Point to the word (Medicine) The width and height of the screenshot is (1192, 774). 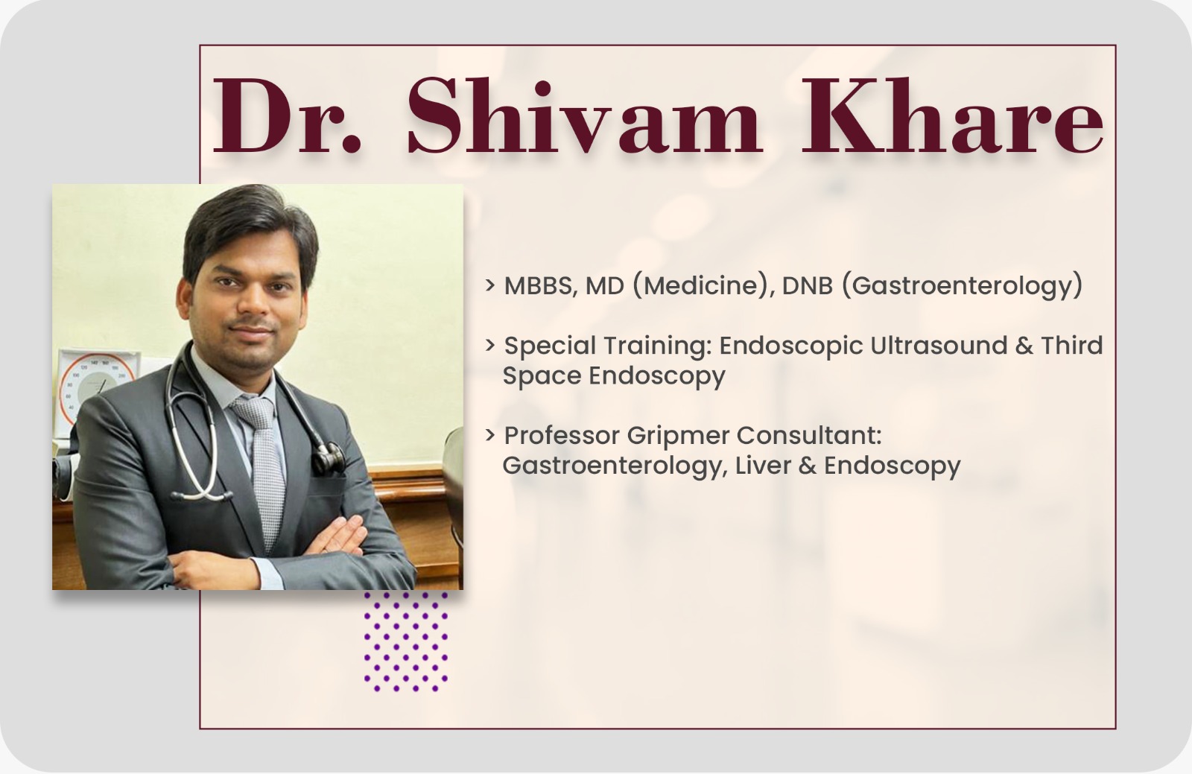[x=703, y=286]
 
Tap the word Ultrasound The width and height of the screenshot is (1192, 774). [x=939, y=346]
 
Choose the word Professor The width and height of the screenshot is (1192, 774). [x=562, y=437]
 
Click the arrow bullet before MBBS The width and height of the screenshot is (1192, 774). [x=490, y=285]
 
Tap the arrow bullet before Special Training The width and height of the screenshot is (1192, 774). [x=490, y=345]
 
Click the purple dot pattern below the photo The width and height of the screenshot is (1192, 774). [x=406, y=641]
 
